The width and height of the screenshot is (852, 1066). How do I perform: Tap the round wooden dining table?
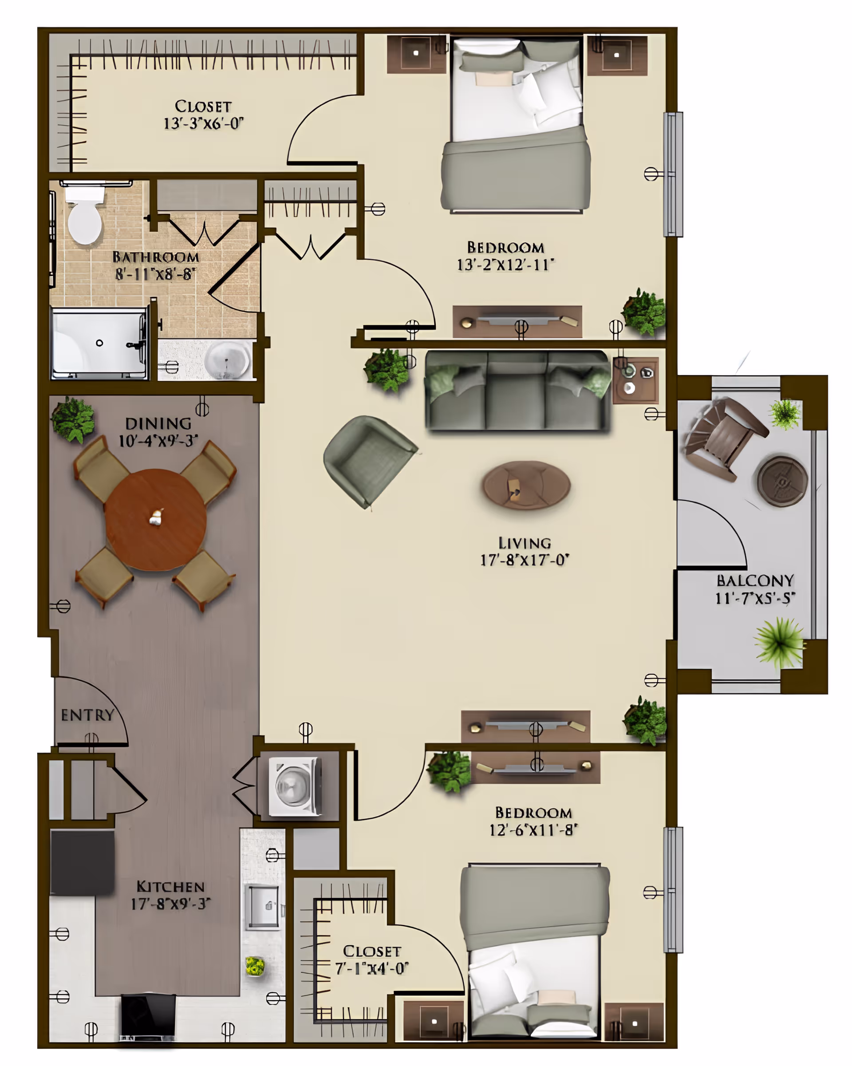coord(156,520)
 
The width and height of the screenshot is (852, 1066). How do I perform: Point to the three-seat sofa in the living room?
coord(517,391)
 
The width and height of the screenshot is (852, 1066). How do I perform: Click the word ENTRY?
coord(87,715)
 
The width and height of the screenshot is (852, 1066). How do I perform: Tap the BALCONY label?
coord(755,580)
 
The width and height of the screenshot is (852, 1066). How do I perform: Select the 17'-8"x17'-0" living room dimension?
coord(525,560)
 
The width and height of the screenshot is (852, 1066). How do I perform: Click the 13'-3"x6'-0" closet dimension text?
coord(203,123)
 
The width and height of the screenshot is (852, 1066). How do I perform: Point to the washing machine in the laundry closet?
coord(295,786)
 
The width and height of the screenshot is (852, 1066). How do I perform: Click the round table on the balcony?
coord(782,481)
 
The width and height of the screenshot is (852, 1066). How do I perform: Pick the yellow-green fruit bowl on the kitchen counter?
coord(255,966)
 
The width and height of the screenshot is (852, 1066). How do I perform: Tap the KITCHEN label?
coord(170,887)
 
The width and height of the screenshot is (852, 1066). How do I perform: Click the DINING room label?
coord(158,423)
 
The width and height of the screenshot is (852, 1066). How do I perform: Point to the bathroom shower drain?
coord(99,343)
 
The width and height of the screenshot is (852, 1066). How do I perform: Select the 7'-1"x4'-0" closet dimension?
coord(372,967)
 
